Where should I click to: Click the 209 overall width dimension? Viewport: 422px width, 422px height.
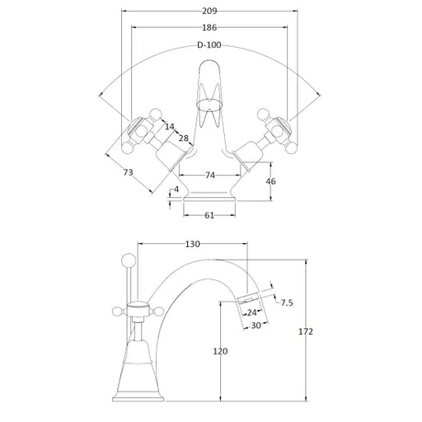click(x=209, y=12)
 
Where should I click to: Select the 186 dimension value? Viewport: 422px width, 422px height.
click(x=209, y=27)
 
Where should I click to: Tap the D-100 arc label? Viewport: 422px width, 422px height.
click(x=209, y=45)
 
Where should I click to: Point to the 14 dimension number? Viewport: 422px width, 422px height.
click(x=170, y=126)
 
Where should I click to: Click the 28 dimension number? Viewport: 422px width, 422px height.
click(x=184, y=138)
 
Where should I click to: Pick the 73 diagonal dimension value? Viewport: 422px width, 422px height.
click(x=128, y=172)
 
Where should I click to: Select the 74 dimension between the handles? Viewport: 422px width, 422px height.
click(x=210, y=175)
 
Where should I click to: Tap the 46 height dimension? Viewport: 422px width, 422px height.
click(x=270, y=181)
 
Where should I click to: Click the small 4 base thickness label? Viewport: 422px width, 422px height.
click(x=176, y=190)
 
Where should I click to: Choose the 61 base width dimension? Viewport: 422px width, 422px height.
click(x=209, y=215)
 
